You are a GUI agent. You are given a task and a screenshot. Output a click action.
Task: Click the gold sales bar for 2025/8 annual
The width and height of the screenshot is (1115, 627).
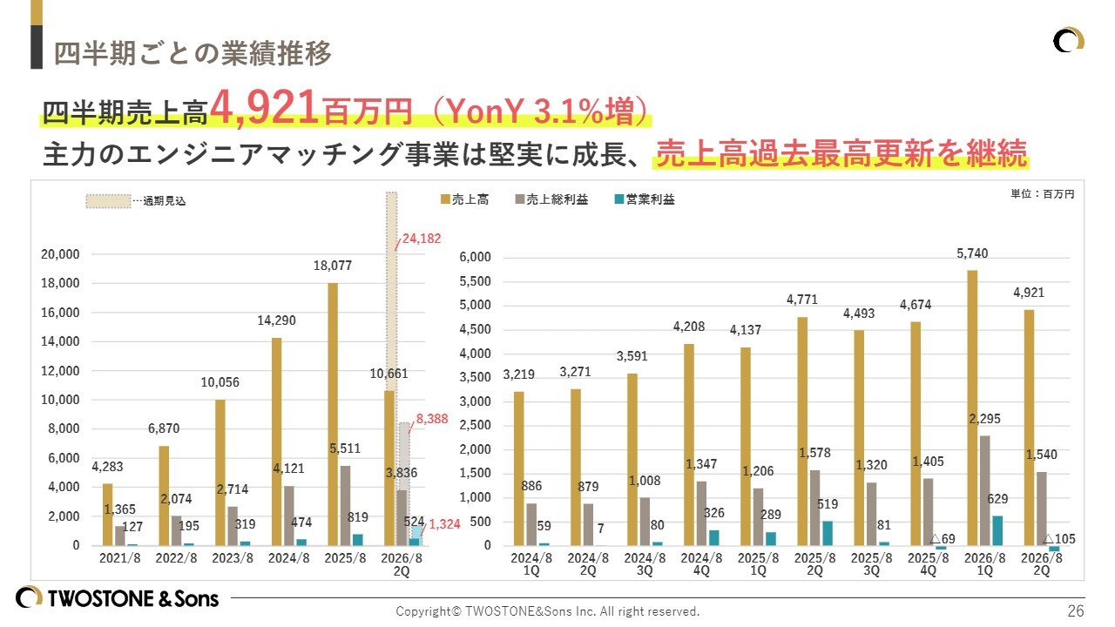[332, 414]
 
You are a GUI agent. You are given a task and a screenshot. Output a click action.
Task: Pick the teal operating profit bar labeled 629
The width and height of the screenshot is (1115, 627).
[997, 530]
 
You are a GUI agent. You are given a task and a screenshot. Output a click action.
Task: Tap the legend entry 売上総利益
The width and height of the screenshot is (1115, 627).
[557, 199]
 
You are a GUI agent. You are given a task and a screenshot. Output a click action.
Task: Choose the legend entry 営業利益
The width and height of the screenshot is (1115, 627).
[651, 199]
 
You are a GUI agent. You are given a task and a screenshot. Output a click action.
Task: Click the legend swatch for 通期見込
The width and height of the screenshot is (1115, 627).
[107, 200]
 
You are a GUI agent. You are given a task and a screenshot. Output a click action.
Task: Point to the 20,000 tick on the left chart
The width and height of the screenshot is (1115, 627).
[61, 254]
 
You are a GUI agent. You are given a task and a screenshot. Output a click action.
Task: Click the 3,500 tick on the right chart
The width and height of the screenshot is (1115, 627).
[476, 378]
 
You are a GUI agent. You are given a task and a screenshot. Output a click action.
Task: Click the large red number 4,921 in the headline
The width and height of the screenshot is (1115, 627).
[265, 108]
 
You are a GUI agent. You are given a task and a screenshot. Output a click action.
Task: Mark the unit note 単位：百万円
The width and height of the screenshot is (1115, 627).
[1036, 194]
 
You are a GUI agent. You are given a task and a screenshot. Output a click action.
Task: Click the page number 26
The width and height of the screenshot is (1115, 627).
[1076, 610]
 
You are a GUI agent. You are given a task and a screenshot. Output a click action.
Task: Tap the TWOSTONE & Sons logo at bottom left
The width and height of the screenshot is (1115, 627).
[118, 597]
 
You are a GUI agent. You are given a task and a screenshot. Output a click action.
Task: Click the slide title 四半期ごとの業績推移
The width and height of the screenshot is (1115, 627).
[193, 53]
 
